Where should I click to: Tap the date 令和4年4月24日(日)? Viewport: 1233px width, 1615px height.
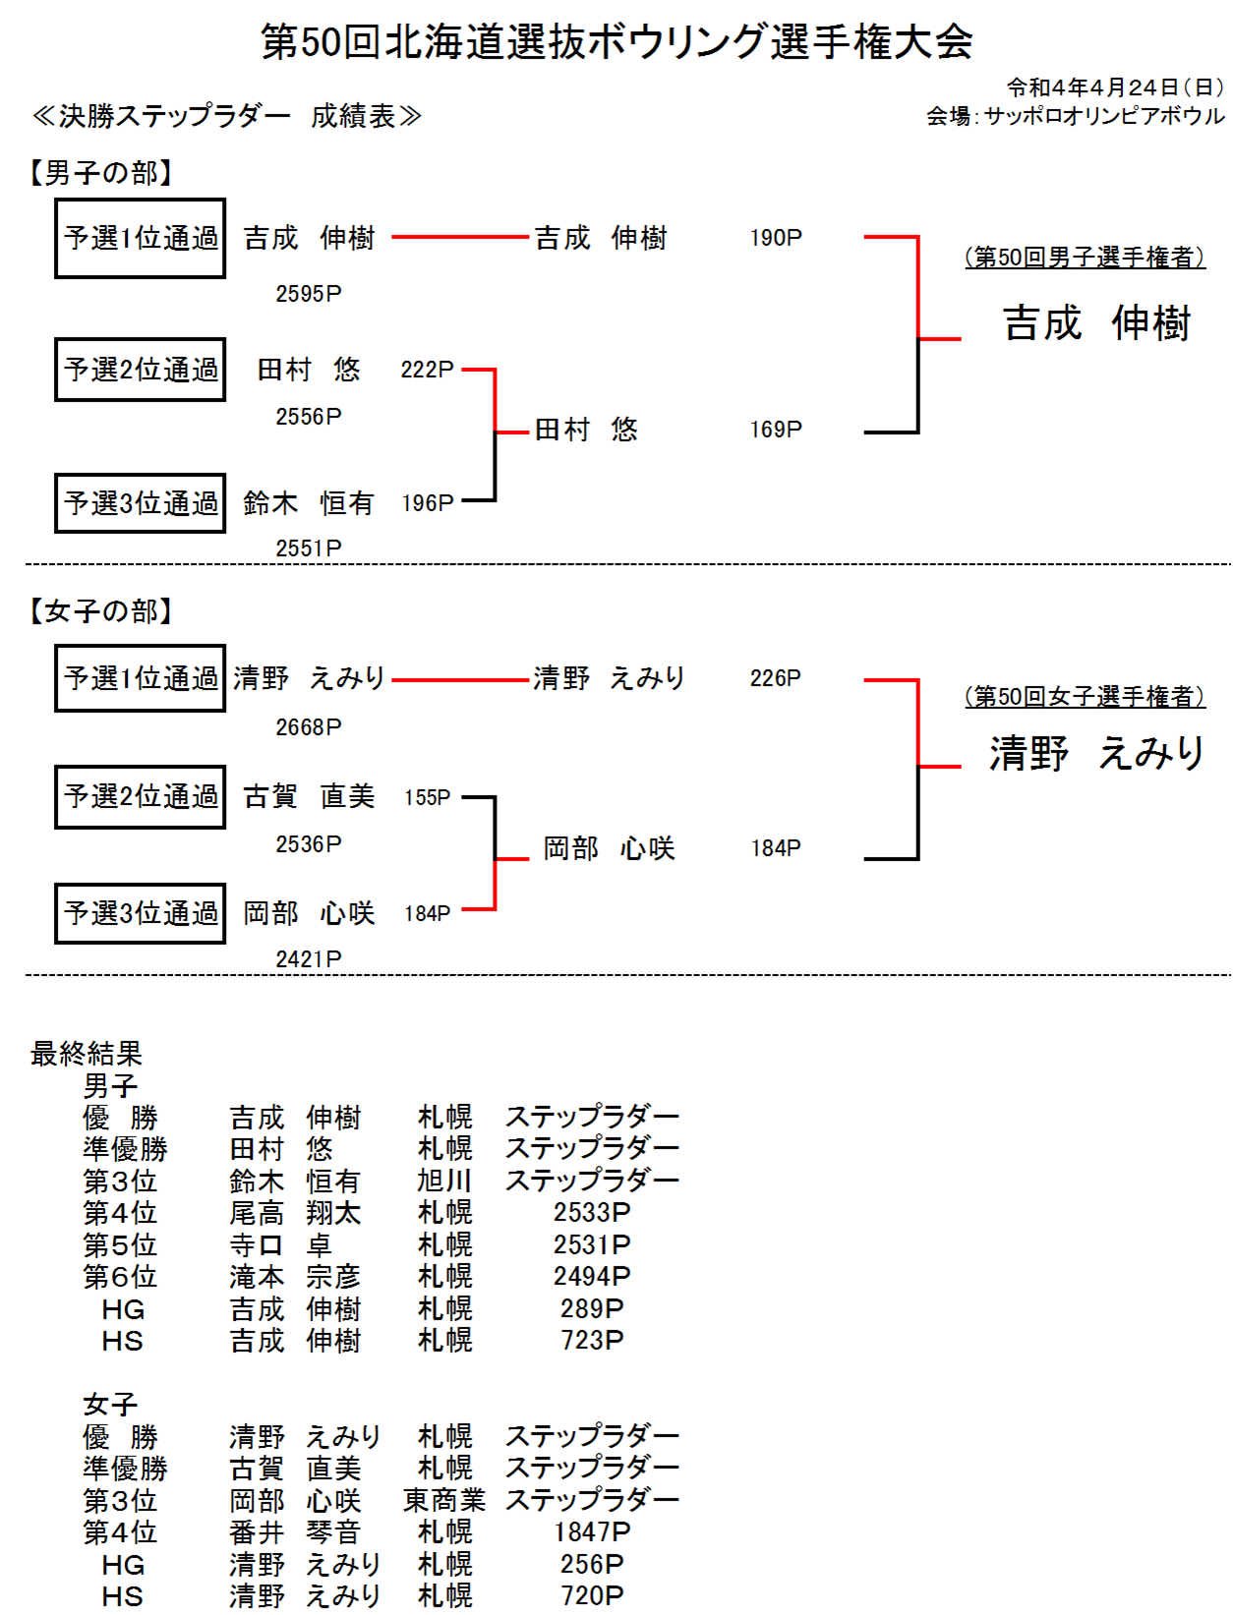point(1115,87)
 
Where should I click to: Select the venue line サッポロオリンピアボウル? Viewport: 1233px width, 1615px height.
point(1103,116)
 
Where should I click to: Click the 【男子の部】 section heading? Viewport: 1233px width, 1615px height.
point(100,173)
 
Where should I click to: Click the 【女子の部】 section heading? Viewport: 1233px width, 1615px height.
point(100,610)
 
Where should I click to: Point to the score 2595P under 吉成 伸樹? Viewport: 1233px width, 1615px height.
point(309,294)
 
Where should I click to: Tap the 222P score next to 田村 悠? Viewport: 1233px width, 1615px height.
point(427,370)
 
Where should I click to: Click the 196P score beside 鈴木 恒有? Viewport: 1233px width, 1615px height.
point(428,503)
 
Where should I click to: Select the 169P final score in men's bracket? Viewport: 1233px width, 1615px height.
point(776,429)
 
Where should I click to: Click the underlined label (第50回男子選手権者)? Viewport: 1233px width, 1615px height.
point(1085,257)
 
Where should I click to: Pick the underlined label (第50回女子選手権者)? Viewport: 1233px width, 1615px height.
point(1085,696)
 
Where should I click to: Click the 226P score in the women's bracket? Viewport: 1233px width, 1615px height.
point(776,677)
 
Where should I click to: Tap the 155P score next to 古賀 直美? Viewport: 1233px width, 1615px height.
point(427,797)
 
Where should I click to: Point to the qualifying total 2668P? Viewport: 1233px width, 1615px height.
point(309,727)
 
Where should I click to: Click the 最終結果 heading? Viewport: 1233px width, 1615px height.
point(87,1053)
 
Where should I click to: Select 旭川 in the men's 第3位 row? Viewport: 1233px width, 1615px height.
point(444,1181)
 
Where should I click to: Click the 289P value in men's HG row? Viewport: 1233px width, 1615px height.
point(592,1308)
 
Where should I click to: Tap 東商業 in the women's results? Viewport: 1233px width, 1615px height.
point(444,1499)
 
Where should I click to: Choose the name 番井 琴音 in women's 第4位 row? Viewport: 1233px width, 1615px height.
point(294,1531)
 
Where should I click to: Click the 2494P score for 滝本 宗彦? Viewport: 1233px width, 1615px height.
point(592,1276)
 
